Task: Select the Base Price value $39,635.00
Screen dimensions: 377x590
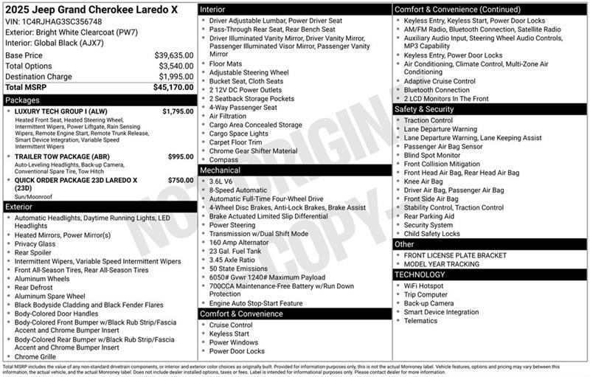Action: pos(174,55)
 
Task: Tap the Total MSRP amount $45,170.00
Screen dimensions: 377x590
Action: pos(173,87)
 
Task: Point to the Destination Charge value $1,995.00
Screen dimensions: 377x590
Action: pos(176,77)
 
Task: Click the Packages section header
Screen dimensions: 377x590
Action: pos(22,100)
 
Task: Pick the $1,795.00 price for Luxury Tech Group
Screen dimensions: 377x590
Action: pos(178,111)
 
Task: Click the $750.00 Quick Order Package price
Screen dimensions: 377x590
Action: pos(181,180)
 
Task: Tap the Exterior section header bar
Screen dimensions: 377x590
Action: pos(20,207)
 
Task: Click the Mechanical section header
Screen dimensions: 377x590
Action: pos(220,170)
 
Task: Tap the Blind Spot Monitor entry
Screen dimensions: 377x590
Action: pos(432,156)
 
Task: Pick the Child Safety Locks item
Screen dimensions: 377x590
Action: pos(432,234)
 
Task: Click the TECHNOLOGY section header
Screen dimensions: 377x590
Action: pos(420,274)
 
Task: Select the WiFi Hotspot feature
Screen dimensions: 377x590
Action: pos(424,286)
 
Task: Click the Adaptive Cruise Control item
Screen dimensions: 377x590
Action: pos(440,81)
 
